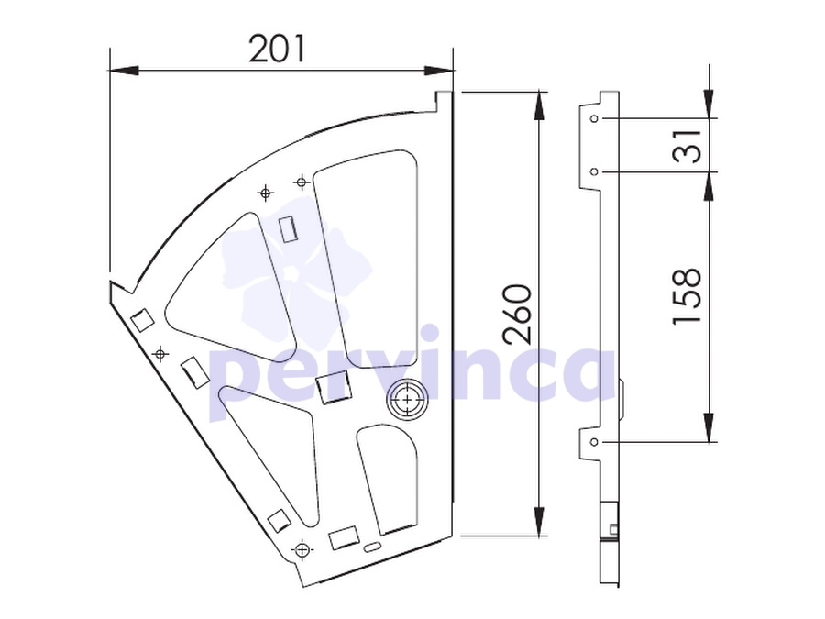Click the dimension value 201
pyautogui.click(x=277, y=49)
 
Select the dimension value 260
pyautogui.click(x=516, y=315)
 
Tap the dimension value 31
pyautogui.click(x=687, y=145)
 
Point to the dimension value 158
pyautogui.click(x=687, y=296)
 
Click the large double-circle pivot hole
pyautogui.click(x=408, y=400)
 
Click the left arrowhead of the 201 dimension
pyautogui.click(x=123, y=70)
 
